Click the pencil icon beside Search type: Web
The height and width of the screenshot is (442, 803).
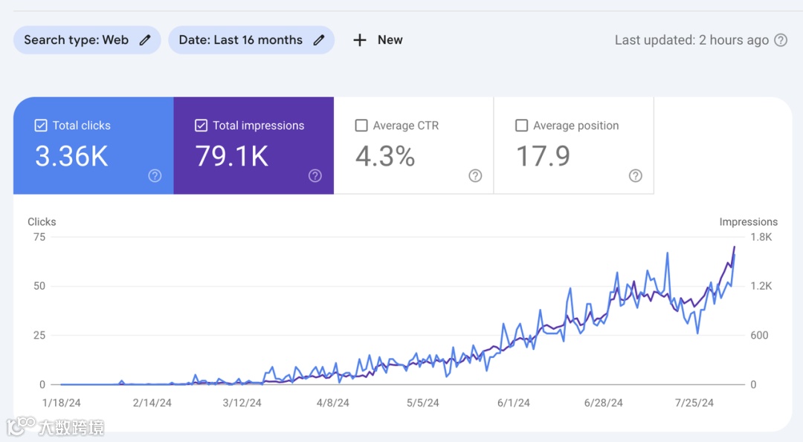145,40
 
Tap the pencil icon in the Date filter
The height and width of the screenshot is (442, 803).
319,40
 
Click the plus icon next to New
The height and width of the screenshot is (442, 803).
360,40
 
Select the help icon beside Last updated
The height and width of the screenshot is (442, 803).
781,40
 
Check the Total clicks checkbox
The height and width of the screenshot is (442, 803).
41,126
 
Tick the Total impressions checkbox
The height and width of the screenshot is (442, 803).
201,126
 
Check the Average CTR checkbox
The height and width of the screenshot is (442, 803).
361,126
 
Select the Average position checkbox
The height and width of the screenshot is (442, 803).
522,126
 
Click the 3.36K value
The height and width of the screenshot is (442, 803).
71,156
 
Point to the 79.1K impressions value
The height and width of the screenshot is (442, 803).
232,156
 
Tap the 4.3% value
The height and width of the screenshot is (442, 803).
385,156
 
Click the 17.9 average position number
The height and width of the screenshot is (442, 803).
544,156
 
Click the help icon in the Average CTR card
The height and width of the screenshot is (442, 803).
475,176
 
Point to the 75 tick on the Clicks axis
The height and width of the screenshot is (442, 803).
39,237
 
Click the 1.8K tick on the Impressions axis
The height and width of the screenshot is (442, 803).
762,237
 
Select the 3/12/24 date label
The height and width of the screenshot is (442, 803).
242,403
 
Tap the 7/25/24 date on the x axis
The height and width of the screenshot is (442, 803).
694,403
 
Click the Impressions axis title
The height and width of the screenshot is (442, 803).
748,221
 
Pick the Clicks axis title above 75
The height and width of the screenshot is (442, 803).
42,221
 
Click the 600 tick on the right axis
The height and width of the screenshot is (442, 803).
759,335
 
